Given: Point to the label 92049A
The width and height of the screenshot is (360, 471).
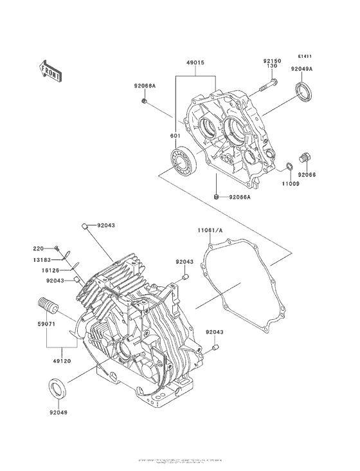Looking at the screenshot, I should click(x=301, y=68).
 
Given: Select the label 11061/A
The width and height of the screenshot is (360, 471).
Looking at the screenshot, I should click(x=209, y=229).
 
